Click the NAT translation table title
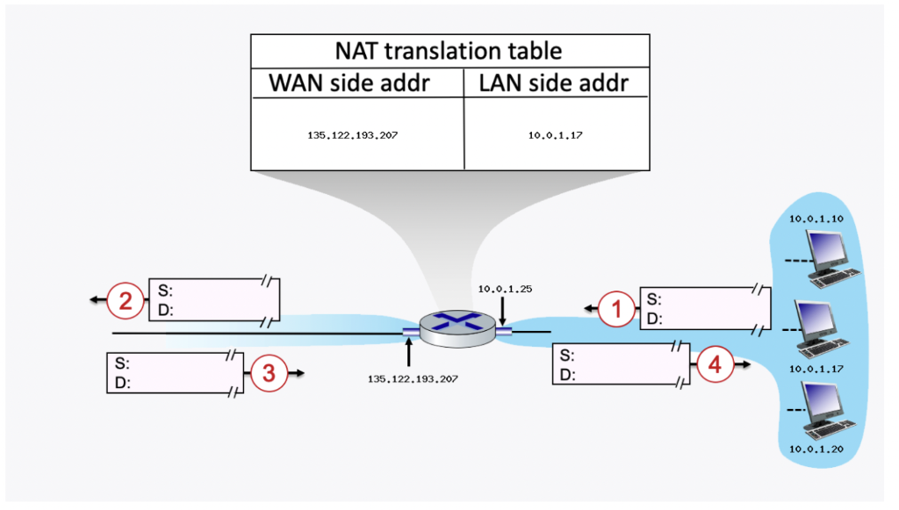(x=449, y=51)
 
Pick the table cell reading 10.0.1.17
(x=554, y=136)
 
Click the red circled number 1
(x=616, y=308)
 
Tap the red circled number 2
(x=126, y=302)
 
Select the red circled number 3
(x=270, y=374)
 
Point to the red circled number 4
(x=716, y=364)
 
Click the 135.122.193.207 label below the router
(x=409, y=379)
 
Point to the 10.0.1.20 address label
(x=815, y=449)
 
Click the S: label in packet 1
(x=654, y=299)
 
